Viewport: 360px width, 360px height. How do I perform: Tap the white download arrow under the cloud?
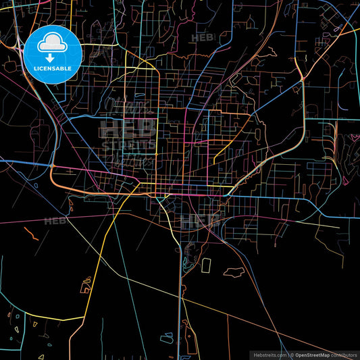(53, 59)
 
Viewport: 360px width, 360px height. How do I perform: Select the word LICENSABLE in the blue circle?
(53, 69)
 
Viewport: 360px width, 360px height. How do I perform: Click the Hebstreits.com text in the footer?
(269, 354)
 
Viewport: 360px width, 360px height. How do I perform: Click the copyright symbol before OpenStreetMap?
(292, 354)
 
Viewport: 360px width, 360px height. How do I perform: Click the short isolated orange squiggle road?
(31, 232)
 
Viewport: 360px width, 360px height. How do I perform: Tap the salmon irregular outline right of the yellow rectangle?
(234, 272)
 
